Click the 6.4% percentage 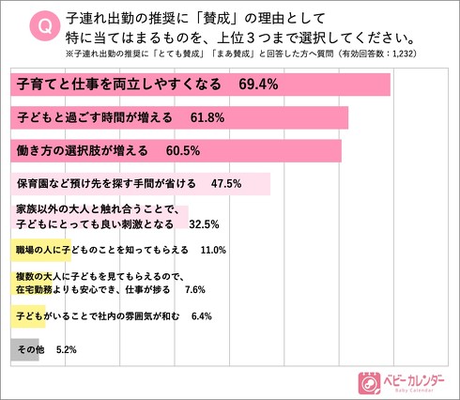(203, 317)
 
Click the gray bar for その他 (23, 349)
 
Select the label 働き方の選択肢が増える (84, 151)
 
